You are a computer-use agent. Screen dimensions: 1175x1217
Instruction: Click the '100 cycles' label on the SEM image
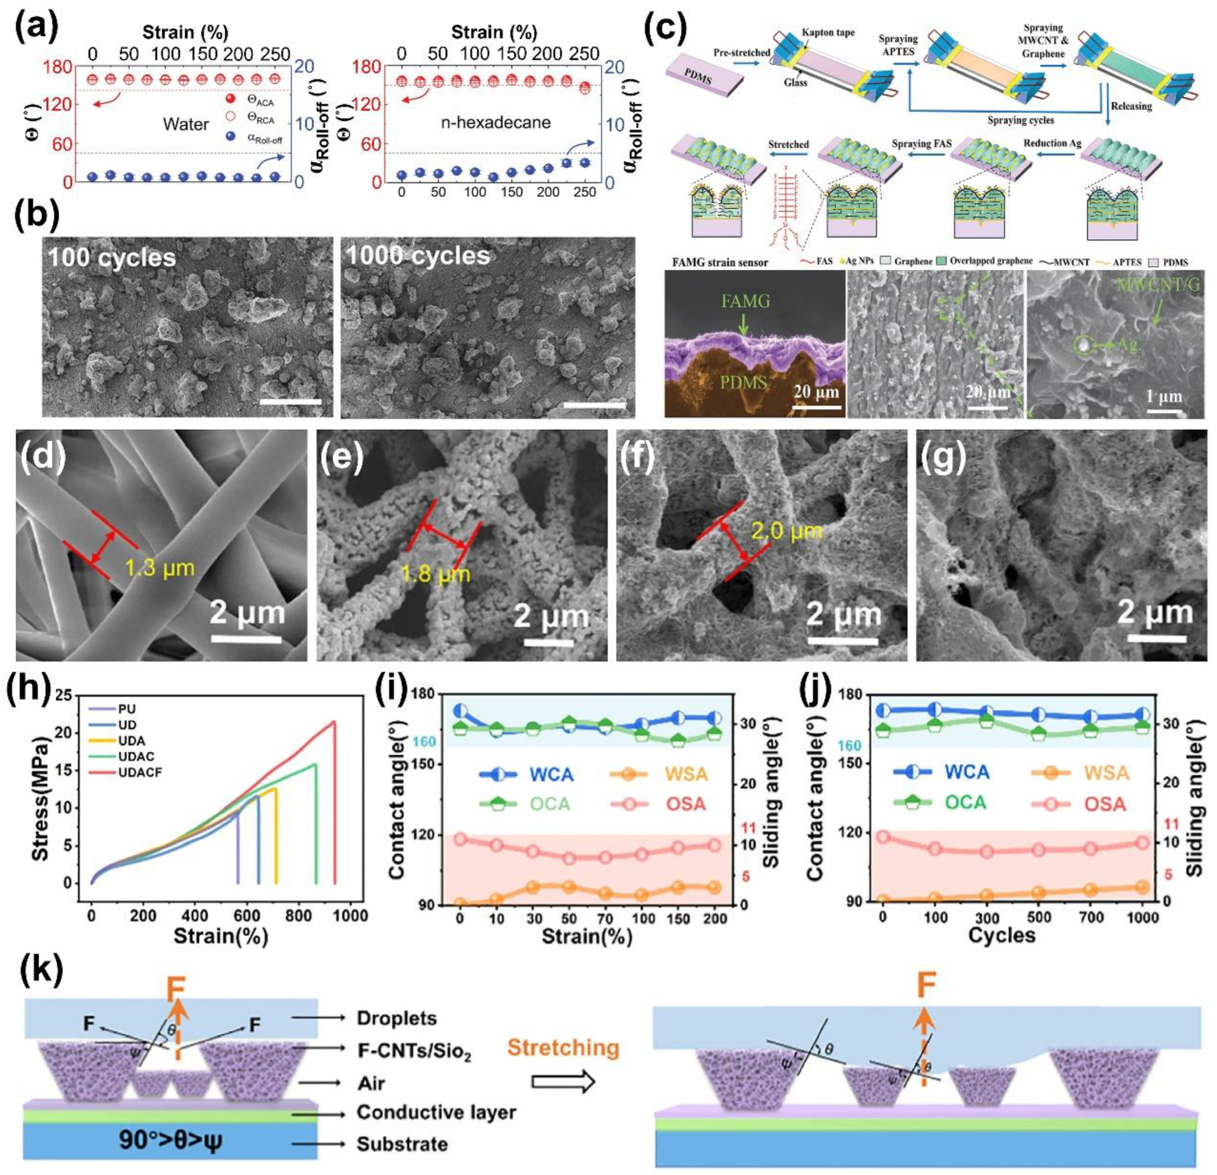point(112,257)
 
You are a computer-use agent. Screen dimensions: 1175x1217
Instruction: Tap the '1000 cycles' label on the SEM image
point(418,255)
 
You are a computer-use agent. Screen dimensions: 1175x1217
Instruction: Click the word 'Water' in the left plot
point(186,124)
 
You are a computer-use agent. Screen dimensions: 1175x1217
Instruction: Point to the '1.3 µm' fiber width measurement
point(160,567)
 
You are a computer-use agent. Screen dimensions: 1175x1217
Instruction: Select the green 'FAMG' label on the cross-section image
point(745,301)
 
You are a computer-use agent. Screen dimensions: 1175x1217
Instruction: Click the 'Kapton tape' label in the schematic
point(828,32)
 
